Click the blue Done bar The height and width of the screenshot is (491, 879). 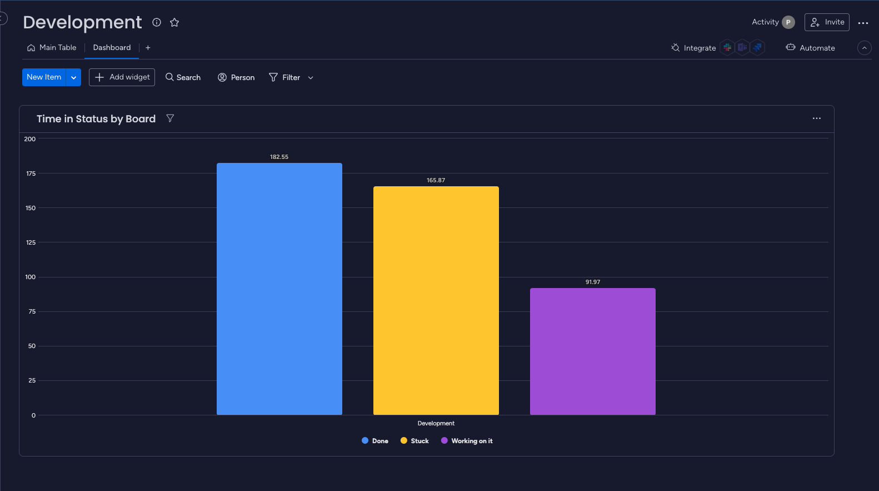coord(279,289)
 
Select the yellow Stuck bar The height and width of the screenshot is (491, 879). coord(436,300)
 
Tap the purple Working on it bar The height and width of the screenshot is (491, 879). coord(592,351)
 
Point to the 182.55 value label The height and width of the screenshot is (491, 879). coord(279,157)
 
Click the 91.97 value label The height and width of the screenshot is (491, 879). coord(592,282)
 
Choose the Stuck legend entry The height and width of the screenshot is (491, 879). coord(414,441)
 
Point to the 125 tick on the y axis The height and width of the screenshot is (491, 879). coord(31,242)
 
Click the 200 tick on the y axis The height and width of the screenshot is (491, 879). coord(30,139)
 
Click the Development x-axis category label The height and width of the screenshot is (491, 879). coord(436,423)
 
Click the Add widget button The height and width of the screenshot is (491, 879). coord(122,77)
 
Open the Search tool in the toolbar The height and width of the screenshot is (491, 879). coord(183,77)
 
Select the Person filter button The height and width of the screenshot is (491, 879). coord(236,77)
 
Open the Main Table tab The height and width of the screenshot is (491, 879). coord(52,48)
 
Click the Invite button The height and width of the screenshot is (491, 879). coord(827,22)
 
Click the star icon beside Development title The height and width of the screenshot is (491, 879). coord(174,22)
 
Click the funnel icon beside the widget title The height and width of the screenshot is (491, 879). coord(170,118)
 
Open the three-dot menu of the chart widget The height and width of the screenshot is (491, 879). coord(816,118)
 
